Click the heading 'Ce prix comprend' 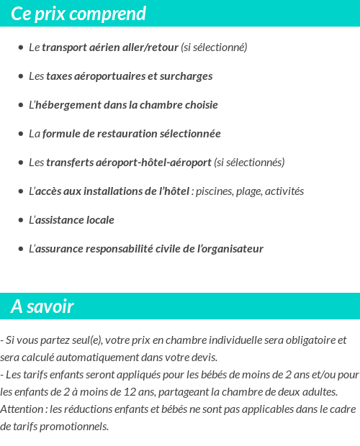[x=78, y=14]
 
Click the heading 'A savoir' [x=42, y=306]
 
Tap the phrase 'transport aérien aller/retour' [x=109, y=47]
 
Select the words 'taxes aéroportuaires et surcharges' [x=129, y=76]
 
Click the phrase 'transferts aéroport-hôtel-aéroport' [x=129, y=163]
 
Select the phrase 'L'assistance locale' [x=71, y=220]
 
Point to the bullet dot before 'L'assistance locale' [x=21, y=220]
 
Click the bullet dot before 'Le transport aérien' [x=21, y=47]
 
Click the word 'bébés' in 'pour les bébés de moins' [x=183, y=375]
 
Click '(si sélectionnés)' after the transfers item [x=250, y=163]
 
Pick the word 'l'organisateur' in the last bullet [x=230, y=249]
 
